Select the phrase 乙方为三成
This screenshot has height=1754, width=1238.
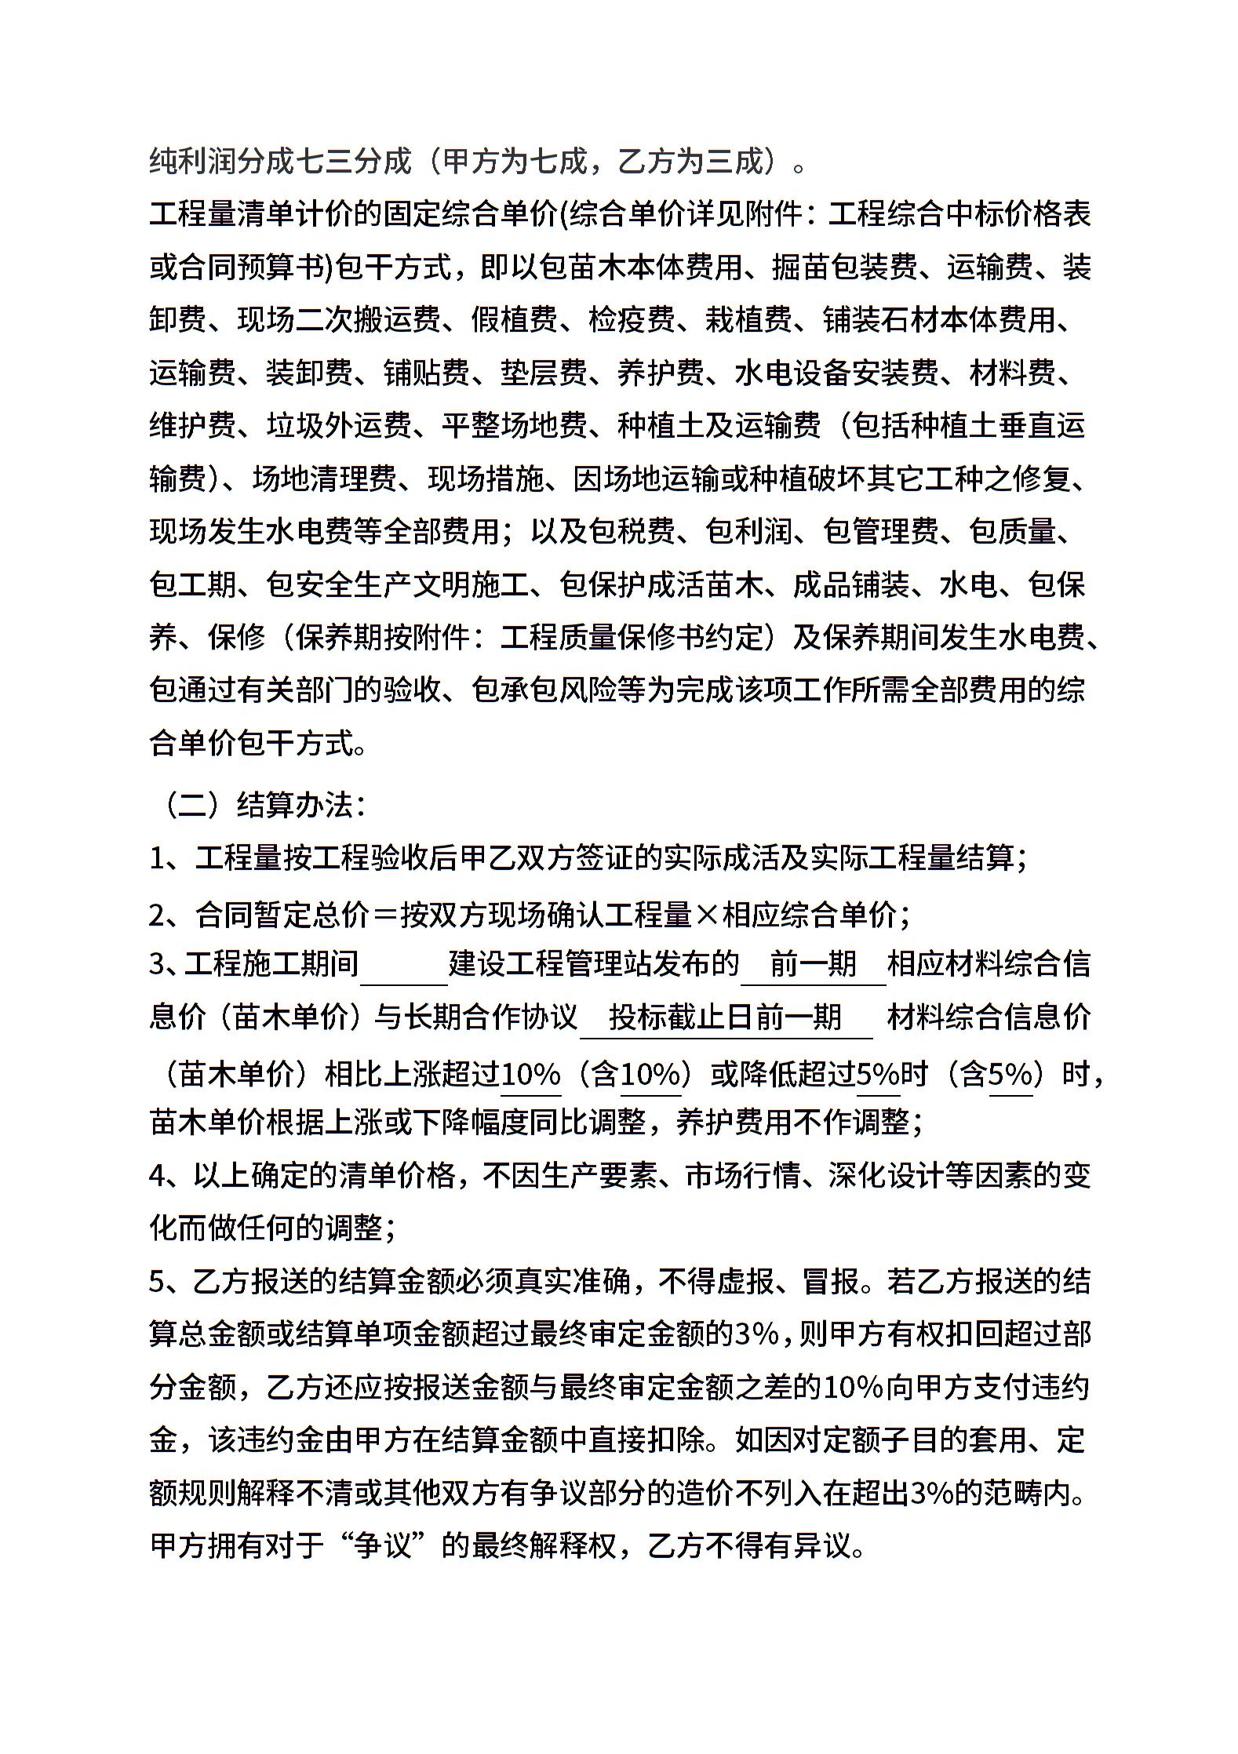pyautogui.click(x=691, y=161)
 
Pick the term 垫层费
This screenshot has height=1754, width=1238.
pyautogui.click(x=544, y=373)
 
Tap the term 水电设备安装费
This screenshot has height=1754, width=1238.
pyautogui.click(x=836, y=373)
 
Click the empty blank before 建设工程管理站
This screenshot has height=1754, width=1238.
pyautogui.click(x=404, y=964)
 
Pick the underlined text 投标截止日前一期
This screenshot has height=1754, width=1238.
pyautogui.click(x=726, y=1017)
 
